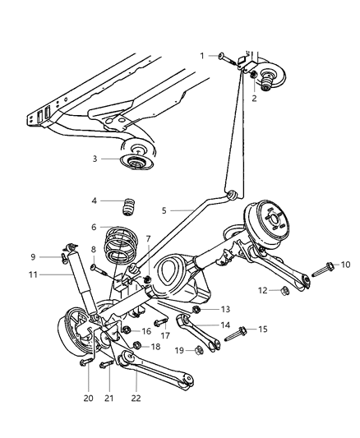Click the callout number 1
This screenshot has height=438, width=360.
[x=201, y=55]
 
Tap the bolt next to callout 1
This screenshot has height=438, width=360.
[x=224, y=56]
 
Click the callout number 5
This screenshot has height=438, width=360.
[x=165, y=211]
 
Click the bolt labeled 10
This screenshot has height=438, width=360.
[x=326, y=266]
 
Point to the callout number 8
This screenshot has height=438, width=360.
[x=95, y=249]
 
